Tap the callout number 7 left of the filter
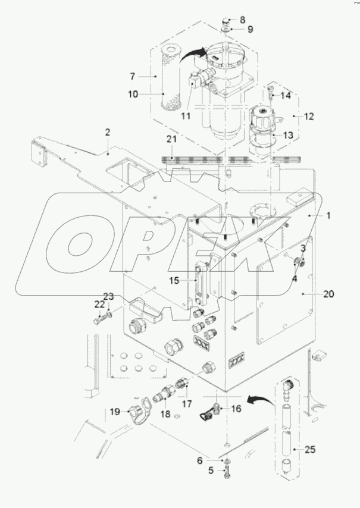coord(133,76)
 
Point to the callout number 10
coord(133,94)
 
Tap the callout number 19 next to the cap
coord(115,412)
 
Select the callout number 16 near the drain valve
coord(235,409)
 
